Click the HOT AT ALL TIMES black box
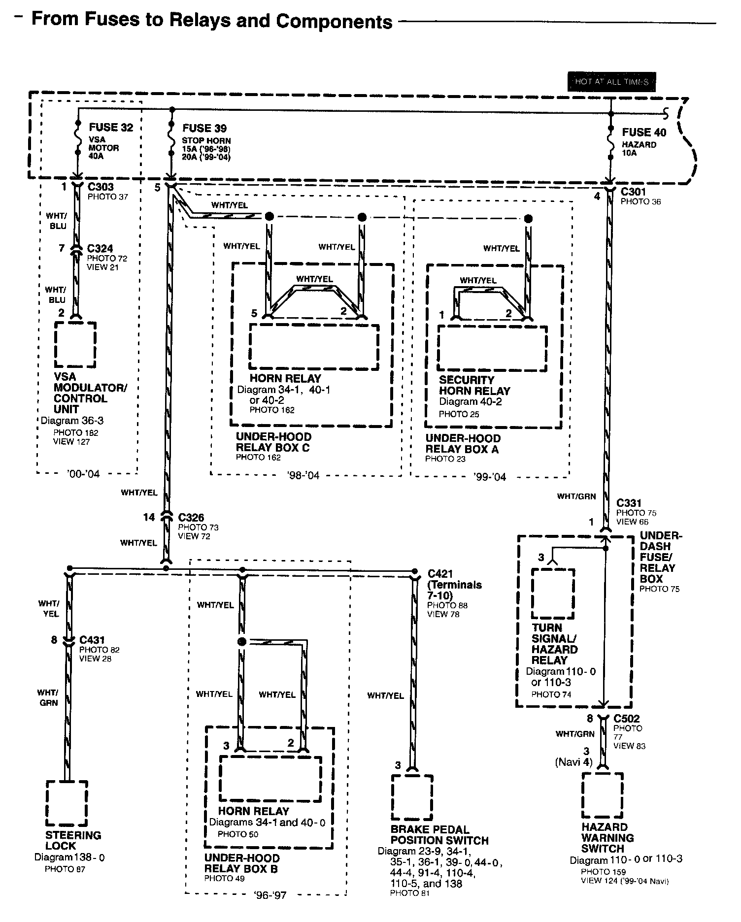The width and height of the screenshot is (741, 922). pyautogui.click(x=611, y=82)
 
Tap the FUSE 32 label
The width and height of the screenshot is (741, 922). pyautogui.click(x=111, y=128)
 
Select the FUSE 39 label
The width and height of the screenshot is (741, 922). pyautogui.click(x=204, y=129)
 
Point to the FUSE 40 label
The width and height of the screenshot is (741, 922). pyautogui.click(x=644, y=132)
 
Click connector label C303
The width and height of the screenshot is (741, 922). pyautogui.click(x=101, y=187)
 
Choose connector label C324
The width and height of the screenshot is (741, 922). pyautogui.click(x=101, y=249)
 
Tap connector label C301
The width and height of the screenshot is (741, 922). pyautogui.click(x=633, y=192)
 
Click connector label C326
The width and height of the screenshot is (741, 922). pyautogui.click(x=191, y=518)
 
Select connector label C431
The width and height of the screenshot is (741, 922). pyautogui.click(x=92, y=640)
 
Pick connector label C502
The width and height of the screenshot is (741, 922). pyautogui.click(x=627, y=719)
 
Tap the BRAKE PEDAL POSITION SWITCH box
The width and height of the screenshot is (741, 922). pyautogui.click(x=412, y=798)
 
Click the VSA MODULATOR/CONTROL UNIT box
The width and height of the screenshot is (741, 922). pyautogui.click(x=75, y=344)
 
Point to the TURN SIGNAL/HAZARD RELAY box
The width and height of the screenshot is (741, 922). pyautogui.click(x=553, y=593)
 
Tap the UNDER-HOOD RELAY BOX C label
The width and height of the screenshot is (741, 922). pyautogui.click(x=273, y=442)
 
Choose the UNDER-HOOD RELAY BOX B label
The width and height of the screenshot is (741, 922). pyautogui.click(x=241, y=863)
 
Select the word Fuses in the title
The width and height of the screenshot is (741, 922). pyautogui.click(x=116, y=20)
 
